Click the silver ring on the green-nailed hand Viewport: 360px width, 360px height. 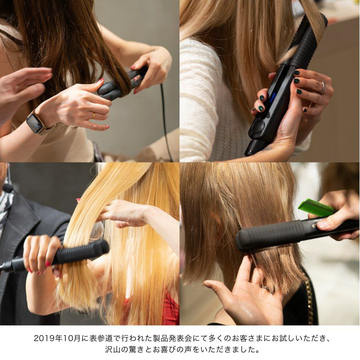point(323,87)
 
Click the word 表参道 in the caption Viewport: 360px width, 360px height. point(106,338)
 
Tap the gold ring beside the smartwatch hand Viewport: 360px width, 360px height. point(94,116)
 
